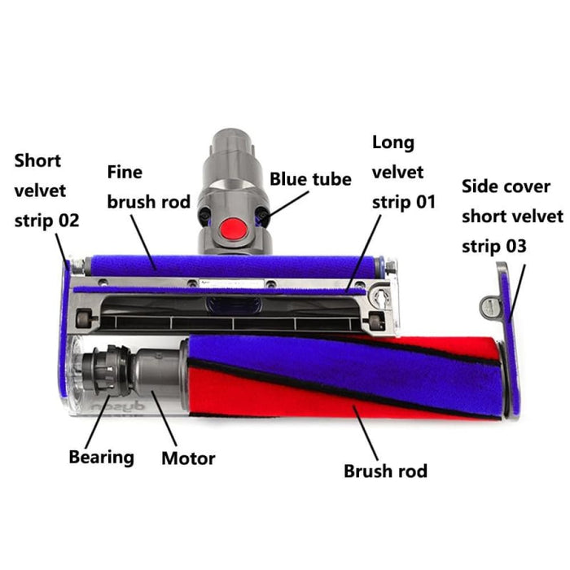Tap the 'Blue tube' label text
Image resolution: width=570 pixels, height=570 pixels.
[310, 179]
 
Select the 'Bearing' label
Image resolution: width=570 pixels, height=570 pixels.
[101, 456]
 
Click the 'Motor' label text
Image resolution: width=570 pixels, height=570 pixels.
[188, 458]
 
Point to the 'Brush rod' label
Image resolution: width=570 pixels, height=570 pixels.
[385, 471]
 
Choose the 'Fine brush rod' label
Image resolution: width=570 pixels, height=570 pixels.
[148, 186]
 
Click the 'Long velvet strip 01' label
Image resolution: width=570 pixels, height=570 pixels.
[403, 172]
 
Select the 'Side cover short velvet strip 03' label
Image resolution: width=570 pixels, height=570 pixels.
[511, 216]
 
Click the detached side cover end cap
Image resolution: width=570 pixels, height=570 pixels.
[507, 342]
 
